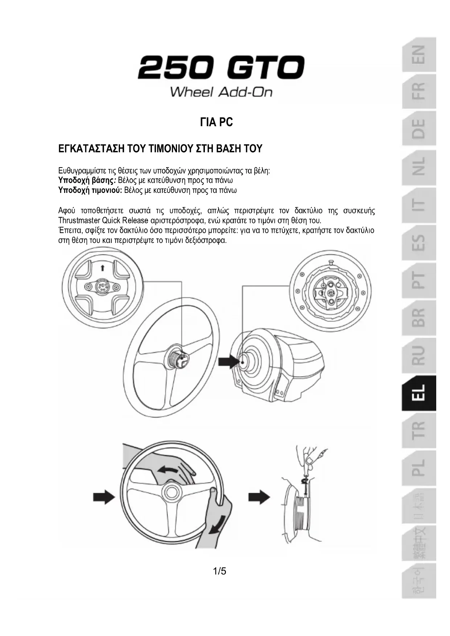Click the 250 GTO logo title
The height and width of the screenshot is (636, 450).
click(x=221, y=68)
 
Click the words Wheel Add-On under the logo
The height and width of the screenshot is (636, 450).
click(x=221, y=92)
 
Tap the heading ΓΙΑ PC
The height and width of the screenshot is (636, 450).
click(x=216, y=123)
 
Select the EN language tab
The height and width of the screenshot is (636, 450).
click(x=418, y=54)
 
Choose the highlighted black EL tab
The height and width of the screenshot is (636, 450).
click(x=418, y=393)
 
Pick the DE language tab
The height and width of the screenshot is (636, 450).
click(x=418, y=129)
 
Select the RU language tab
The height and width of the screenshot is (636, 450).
click(x=418, y=355)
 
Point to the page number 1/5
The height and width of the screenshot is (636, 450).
click(x=219, y=571)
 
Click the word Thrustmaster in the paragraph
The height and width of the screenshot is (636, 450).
click(x=79, y=220)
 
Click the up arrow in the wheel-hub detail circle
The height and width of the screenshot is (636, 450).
click(x=102, y=268)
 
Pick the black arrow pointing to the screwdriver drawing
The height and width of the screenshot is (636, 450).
click(x=259, y=496)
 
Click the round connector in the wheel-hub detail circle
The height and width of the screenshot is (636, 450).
click(x=102, y=287)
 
